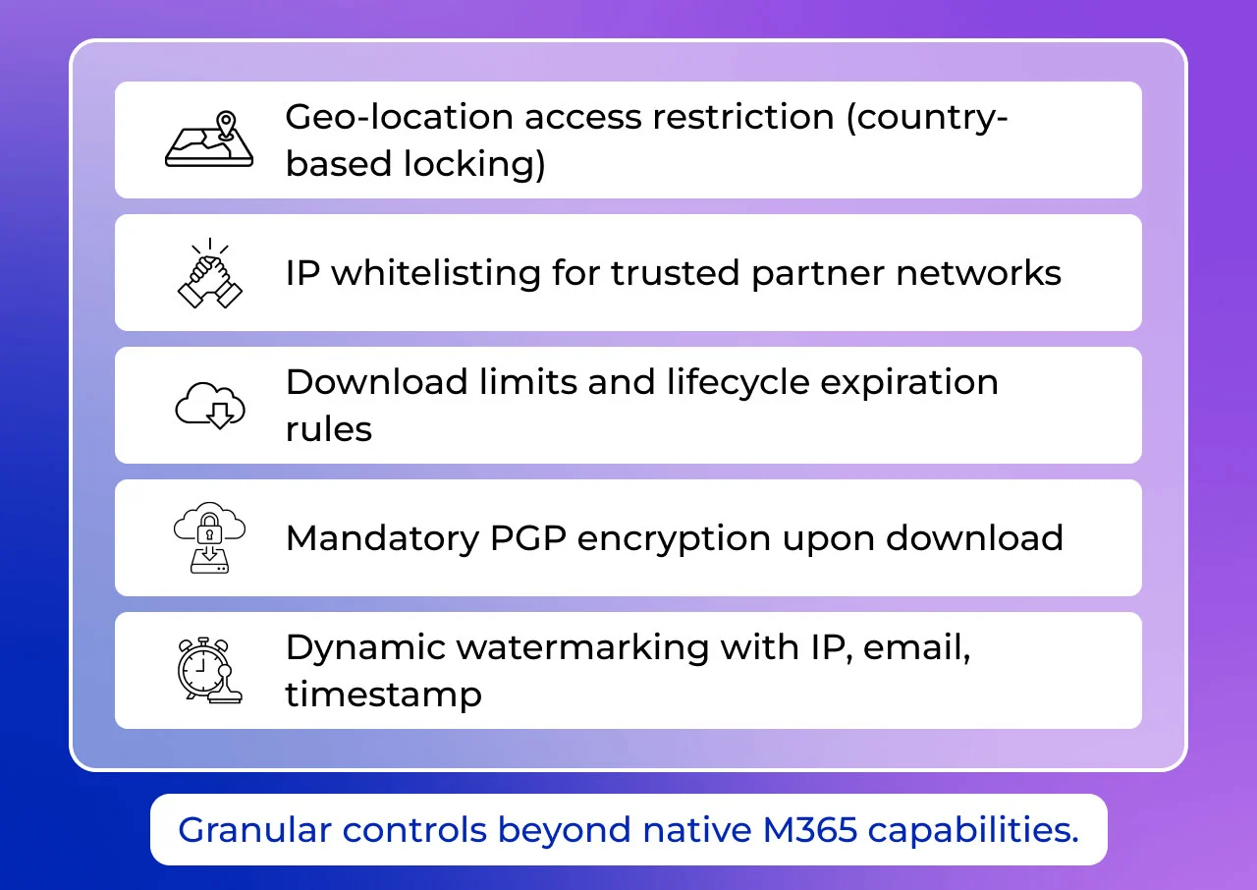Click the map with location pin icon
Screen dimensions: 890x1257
tap(209, 139)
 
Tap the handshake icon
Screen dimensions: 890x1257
tap(209, 273)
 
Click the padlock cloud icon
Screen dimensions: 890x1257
tap(209, 538)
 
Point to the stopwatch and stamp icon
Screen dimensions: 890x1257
tap(209, 670)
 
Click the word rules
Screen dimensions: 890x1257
tap(329, 429)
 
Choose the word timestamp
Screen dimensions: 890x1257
tap(383, 695)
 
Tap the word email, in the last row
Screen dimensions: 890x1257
tap(915, 648)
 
